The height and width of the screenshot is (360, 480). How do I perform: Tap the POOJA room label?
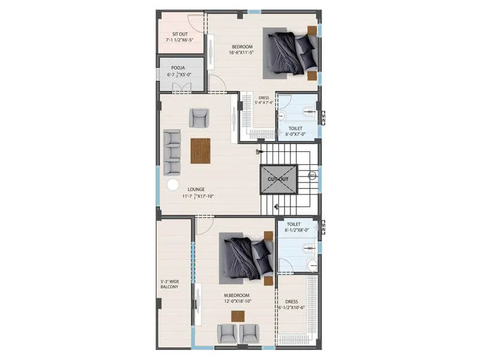click(178, 68)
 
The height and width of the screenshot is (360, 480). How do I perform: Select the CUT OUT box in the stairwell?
click(278, 179)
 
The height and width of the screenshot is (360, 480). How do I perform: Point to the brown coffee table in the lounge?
click(200, 151)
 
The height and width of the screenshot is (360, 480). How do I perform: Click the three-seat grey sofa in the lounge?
click(172, 152)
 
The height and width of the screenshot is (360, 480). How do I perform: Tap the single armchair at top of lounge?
click(199, 118)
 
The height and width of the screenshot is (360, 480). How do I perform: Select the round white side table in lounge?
click(173, 185)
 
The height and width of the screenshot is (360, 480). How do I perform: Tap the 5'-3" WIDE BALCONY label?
click(169, 284)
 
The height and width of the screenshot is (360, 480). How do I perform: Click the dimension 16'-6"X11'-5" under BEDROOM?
click(241, 53)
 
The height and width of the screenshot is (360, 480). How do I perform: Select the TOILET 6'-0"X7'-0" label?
click(295, 131)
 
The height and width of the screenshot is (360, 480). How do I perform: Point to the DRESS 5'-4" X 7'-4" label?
click(264, 100)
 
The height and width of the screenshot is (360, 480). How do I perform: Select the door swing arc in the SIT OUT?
click(195, 23)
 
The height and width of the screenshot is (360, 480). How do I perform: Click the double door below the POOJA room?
click(181, 88)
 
